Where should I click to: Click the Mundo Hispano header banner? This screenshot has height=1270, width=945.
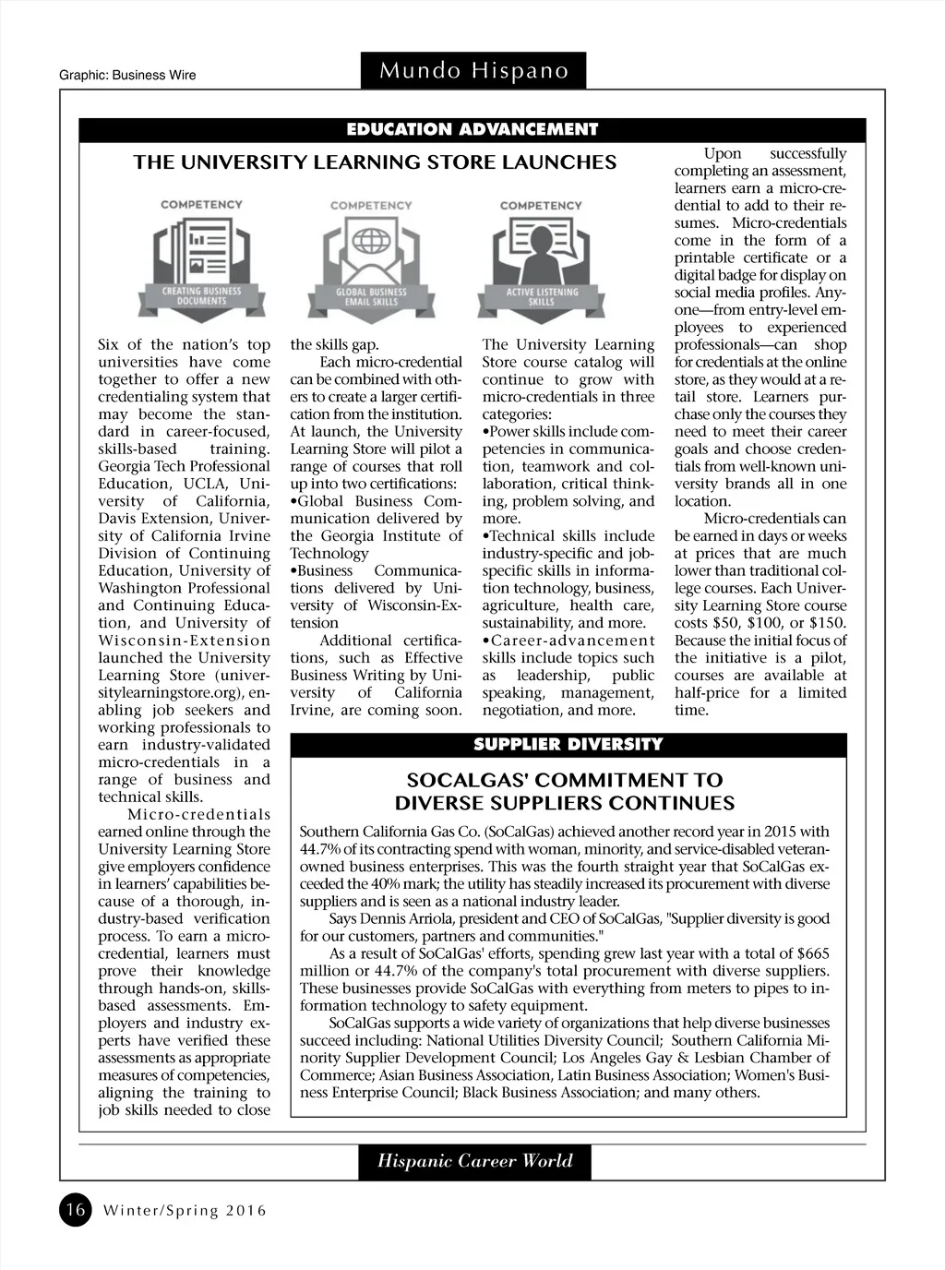coord(473,71)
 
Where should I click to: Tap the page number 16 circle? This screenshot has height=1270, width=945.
coord(76,1209)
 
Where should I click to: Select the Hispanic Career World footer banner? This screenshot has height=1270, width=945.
coord(474,1161)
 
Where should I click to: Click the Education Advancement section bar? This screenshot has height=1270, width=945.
coord(472,129)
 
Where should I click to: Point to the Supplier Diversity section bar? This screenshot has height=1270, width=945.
coord(568,744)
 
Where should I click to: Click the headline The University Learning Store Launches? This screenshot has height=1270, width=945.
coord(375,162)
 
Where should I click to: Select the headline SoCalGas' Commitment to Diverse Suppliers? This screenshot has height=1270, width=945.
coord(566,792)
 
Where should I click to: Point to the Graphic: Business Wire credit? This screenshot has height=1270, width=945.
coord(127,75)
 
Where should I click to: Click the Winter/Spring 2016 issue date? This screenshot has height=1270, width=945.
coord(185,1210)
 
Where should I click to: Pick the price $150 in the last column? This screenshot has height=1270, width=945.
coord(827,623)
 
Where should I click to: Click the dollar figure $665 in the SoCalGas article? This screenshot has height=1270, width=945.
coord(812,953)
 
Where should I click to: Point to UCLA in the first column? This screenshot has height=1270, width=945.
coord(207,484)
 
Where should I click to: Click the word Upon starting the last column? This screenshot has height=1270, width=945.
coord(723,154)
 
